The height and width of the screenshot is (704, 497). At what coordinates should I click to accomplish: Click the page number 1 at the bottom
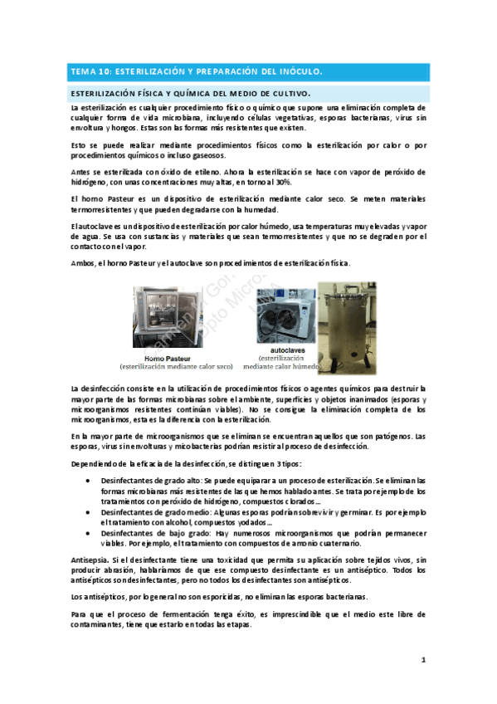tap(422, 660)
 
